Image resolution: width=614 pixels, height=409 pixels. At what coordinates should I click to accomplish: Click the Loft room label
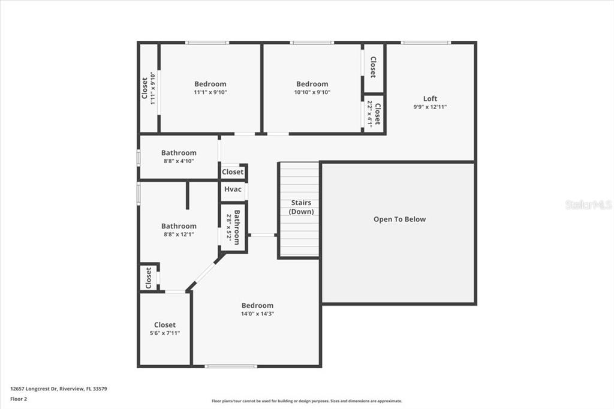click(430, 98)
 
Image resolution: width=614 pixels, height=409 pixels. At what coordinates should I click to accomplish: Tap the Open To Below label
click(399, 219)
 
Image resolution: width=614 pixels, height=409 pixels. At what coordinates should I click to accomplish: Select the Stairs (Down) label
click(301, 207)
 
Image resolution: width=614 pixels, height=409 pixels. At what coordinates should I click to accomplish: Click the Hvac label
click(233, 190)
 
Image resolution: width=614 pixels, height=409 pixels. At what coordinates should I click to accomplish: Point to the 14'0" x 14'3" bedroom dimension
click(257, 314)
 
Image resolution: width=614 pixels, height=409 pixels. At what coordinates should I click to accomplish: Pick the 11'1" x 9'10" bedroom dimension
click(210, 92)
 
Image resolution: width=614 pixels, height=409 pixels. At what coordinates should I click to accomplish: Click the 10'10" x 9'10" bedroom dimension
click(312, 92)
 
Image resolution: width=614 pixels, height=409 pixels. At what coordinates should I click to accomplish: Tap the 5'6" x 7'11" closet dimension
click(164, 333)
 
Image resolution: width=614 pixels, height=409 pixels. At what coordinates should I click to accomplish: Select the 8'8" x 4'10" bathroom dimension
click(179, 161)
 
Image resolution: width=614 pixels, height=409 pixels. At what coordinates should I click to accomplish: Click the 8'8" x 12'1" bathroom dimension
click(179, 234)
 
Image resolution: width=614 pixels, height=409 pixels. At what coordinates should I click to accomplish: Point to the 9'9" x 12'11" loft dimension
click(430, 107)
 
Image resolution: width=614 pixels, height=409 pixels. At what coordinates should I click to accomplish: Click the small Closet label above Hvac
click(233, 172)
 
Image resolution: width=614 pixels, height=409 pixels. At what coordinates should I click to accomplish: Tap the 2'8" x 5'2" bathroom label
click(233, 227)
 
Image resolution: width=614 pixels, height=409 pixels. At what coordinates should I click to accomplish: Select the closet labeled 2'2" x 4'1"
click(374, 113)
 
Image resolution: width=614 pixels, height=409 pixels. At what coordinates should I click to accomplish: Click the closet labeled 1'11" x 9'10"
click(149, 88)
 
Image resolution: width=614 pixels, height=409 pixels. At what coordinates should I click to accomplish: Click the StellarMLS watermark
click(588, 204)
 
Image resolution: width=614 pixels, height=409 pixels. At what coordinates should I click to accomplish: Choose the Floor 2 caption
click(19, 398)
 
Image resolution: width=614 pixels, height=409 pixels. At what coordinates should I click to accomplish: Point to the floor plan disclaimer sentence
click(306, 401)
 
